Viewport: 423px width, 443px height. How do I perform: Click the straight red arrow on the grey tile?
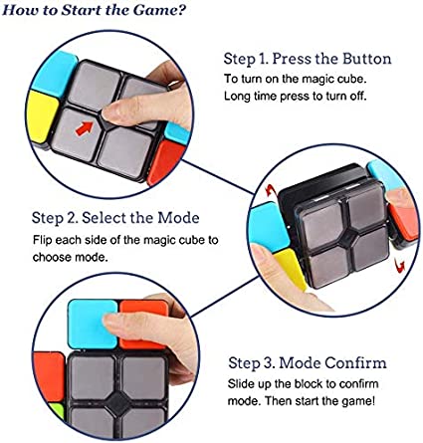click(85, 128)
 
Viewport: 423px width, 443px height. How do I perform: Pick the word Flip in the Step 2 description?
click(43, 240)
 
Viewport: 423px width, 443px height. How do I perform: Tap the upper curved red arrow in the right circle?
click(270, 191)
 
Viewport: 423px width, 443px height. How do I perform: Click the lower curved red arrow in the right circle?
click(401, 265)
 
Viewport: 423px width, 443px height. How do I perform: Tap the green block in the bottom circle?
click(58, 410)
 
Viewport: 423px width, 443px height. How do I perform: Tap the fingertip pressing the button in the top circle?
click(109, 112)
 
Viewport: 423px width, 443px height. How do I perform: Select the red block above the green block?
click(49, 376)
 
